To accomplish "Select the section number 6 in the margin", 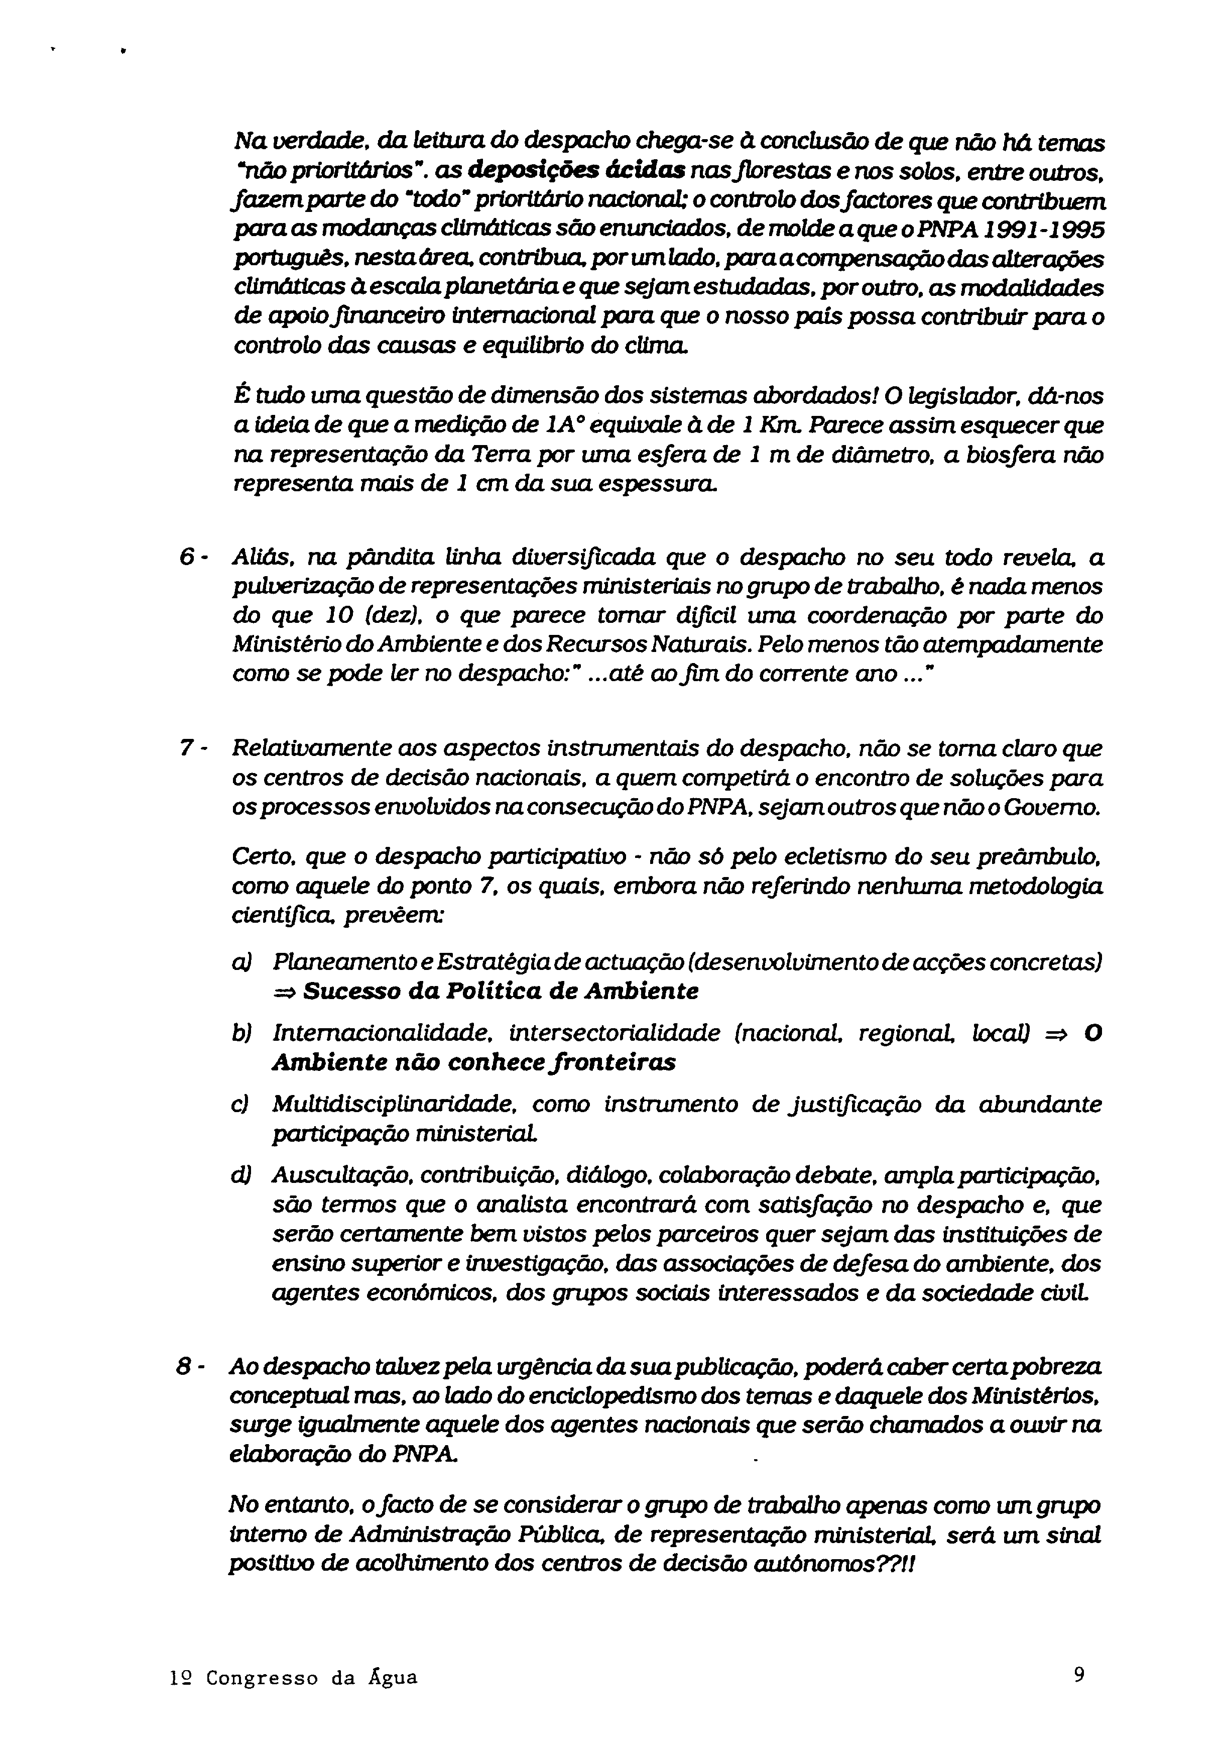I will pos(186,558).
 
